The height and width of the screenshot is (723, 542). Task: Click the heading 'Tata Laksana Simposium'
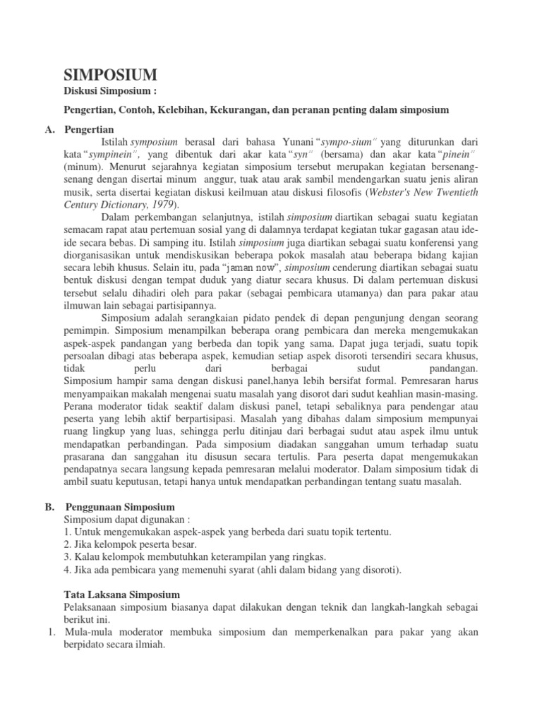click(x=121, y=594)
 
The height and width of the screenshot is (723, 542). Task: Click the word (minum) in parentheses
click(x=83, y=167)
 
